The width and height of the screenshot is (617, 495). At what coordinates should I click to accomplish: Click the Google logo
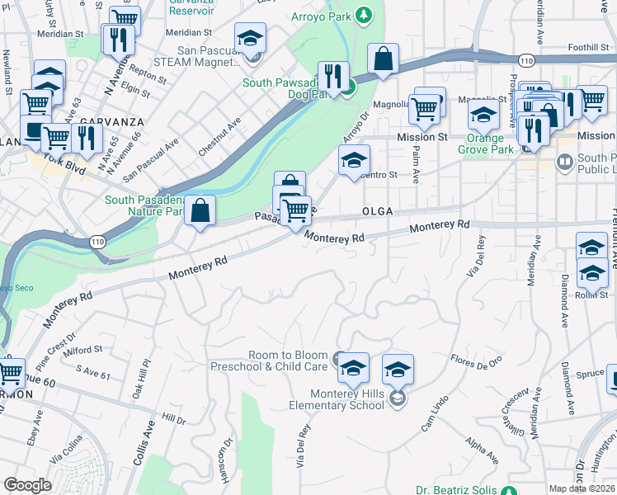pos(27,485)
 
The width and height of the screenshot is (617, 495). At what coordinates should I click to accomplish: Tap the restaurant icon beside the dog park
pos(333,77)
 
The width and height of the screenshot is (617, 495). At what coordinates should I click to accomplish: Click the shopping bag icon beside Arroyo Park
pos(383,59)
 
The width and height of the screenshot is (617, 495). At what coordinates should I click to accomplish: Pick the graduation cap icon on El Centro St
pos(354,160)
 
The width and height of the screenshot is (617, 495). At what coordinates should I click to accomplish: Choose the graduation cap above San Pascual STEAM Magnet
pos(250,38)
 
